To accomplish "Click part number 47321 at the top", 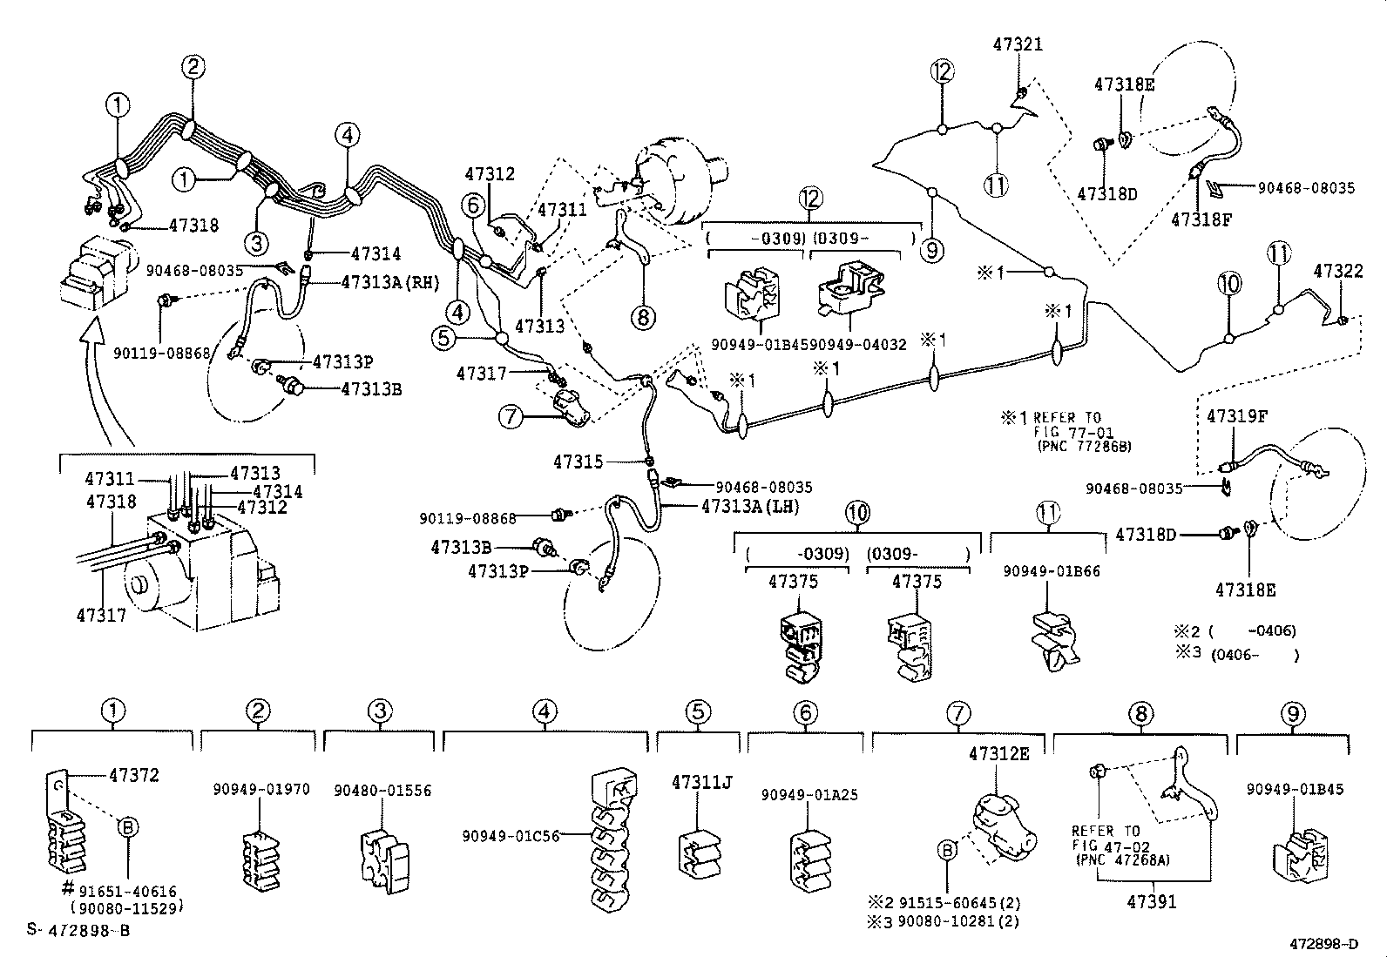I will pyautogui.click(x=1018, y=44).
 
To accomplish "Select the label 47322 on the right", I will pyautogui.click(x=1337, y=272).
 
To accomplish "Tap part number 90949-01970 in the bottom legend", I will pyautogui.click(x=260, y=790).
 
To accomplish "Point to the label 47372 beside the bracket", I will pyautogui.click(x=134, y=775).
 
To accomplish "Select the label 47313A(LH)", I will pyautogui.click(x=749, y=506).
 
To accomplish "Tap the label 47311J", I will pyautogui.click(x=701, y=782).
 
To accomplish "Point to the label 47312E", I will pyautogui.click(x=998, y=754).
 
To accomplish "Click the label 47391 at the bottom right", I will pyautogui.click(x=1152, y=902).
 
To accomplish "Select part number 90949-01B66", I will pyautogui.click(x=1051, y=571).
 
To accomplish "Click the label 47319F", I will pyautogui.click(x=1236, y=416).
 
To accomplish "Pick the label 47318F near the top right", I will pyautogui.click(x=1201, y=219).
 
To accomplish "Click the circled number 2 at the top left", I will pyautogui.click(x=193, y=66).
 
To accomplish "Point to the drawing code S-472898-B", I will pyautogui.click(x=78, y=929).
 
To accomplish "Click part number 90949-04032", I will pyautogui.click(x=866, y=345).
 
